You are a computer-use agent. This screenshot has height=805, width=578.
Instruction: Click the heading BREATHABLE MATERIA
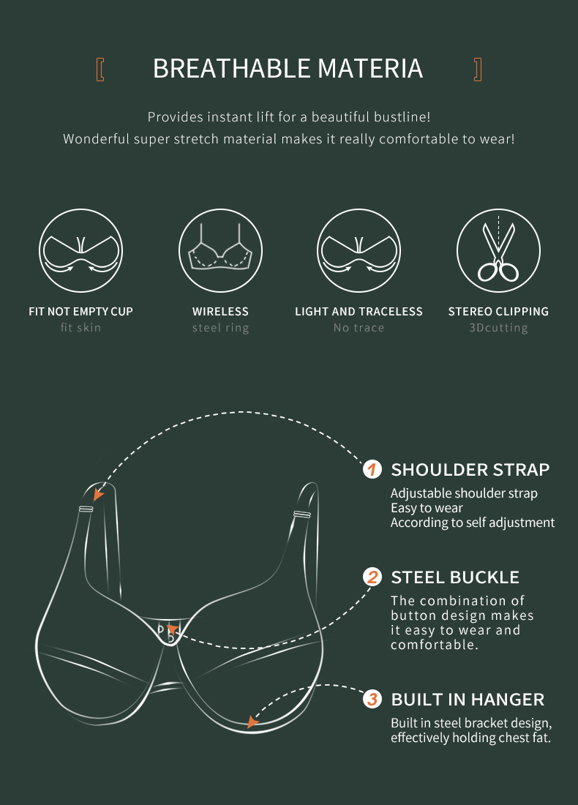point(288,69)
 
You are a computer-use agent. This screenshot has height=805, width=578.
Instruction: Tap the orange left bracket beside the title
point(100,70)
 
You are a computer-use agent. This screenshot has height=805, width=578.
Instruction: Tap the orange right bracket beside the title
point(478,70)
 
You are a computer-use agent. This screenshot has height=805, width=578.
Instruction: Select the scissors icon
point(498,251)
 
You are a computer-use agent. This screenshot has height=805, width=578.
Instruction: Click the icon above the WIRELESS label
point(220,251)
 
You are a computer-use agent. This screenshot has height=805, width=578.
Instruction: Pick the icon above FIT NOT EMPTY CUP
point(80,251)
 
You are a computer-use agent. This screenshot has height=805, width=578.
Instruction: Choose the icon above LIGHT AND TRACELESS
point(359,251)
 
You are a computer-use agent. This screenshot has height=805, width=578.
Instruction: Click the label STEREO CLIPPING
point(498,312)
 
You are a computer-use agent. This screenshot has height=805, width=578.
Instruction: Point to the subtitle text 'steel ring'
point(220,328)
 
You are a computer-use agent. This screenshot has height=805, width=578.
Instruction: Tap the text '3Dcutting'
point(498,328)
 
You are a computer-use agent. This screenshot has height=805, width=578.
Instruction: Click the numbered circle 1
point(372,469)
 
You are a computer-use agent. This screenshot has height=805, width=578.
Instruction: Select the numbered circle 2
point(372,577)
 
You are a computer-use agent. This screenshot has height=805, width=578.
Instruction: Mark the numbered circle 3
point(372,699)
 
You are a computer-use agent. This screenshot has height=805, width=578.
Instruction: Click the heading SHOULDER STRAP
point(470,470)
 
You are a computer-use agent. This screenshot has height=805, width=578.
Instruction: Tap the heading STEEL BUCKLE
point(455,577)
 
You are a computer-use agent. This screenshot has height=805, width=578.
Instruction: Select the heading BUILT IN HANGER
point(468,700)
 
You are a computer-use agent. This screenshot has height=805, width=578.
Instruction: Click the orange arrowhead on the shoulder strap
point(98,494)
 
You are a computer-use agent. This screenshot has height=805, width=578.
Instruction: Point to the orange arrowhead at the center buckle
point(173,629)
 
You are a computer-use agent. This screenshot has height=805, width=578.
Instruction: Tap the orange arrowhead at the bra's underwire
point(252,722)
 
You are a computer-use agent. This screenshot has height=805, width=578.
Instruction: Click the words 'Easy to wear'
point(427,509)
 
